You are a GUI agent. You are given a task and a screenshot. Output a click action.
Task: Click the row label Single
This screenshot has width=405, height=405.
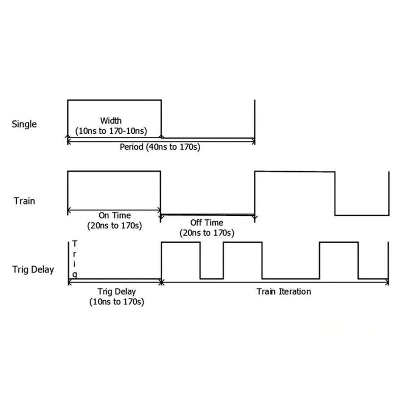[24, 124]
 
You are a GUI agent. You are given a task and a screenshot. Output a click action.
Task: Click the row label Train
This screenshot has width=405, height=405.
[24, 201]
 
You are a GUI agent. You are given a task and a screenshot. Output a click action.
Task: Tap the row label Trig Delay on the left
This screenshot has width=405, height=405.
[33, 269]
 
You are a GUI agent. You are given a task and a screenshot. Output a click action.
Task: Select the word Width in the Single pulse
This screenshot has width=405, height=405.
[111, 120]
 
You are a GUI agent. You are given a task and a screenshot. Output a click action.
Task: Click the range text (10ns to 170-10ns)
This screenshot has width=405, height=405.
[111, 131]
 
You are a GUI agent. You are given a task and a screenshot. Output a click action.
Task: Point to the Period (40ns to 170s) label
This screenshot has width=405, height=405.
[160, 147]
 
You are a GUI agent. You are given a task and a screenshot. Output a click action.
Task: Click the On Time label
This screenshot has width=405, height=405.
[114, 215]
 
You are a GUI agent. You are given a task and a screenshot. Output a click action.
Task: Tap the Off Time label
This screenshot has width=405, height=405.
[207, 223]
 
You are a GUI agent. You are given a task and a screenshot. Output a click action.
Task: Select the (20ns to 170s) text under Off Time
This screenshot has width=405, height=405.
[207, 233]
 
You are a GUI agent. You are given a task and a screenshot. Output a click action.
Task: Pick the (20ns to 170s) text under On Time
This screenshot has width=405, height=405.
[114, 225]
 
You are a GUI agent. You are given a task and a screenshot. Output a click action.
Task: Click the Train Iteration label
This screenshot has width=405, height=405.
[283, 291]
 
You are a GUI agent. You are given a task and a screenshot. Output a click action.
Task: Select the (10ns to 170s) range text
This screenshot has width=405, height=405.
[116, 301]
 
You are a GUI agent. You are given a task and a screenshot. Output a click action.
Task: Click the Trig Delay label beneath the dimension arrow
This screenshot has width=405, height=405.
[116, 291]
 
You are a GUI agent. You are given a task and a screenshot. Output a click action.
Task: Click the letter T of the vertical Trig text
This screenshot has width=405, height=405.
[75, 244]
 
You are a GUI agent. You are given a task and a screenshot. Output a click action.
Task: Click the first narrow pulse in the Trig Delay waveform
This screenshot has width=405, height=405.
[181, 260]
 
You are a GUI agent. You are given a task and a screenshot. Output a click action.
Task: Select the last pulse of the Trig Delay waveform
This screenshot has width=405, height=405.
[339, 260]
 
